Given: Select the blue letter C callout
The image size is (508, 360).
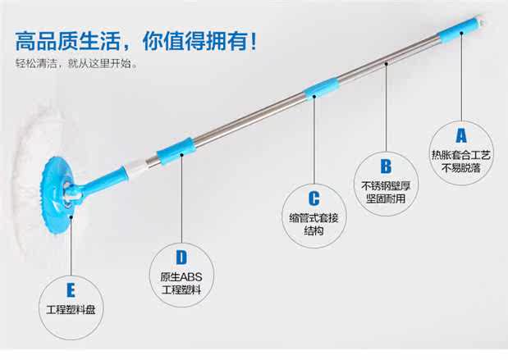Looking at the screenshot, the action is [x=313, y=198].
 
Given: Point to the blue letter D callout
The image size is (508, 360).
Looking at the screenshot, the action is [x=181, y=258].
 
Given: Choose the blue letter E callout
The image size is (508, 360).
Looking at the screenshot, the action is [x=72, y=289].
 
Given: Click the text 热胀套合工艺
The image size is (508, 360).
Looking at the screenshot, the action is [x=460, y=153].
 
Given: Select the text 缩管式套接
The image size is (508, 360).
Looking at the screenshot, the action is [x=313, y=217].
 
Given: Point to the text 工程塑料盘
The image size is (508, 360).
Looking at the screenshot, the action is [x=72, y=310].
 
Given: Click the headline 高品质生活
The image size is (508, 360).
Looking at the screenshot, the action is [x=74, y=39].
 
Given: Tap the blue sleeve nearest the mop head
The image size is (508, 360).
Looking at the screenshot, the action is [x=176, y=151].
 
